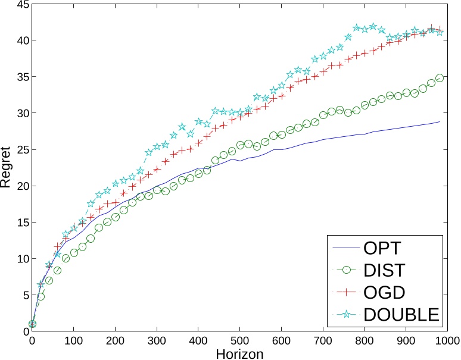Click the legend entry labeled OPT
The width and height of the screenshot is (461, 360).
[x=382, y=247]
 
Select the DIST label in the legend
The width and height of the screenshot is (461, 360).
[x=384, y=270]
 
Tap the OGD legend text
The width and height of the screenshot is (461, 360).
[x=384, y=292]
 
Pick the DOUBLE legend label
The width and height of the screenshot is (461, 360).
[x=401, y=314]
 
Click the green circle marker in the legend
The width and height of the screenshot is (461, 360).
[x=345, y=270]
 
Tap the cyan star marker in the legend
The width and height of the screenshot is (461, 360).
[x=345, y=314]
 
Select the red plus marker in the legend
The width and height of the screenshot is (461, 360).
[x=345, y=292]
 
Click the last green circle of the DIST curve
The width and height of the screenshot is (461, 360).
[x=440, y=78]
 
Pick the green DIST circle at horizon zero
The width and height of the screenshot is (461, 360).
[x=32, y=324]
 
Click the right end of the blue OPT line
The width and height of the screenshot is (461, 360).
[x=440, y=121]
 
